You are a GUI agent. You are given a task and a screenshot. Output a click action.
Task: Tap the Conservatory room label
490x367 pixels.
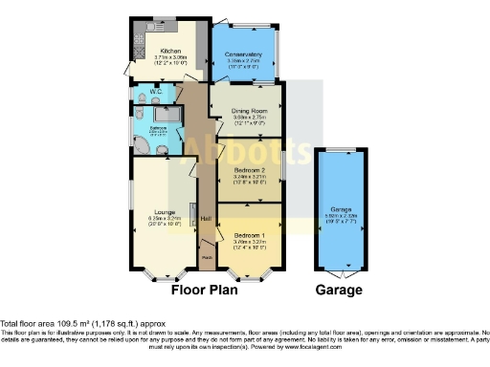(x=243, y=54)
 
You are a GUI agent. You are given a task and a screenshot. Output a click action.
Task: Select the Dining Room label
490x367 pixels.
(x=249, y=111)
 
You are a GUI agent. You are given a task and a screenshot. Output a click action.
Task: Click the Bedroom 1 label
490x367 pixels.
(x=249, y=233)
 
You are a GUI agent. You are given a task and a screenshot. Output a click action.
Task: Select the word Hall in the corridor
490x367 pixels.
(x=205, y=218)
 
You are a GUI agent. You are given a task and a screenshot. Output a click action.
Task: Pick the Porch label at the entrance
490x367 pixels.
(x=206, y=257)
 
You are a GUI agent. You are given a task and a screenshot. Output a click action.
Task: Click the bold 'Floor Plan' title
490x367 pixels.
(x=205, y=289)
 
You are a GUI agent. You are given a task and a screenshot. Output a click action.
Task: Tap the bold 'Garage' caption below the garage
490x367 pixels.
(x=340, y=289)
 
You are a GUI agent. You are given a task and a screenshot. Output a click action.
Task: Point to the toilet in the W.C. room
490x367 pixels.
(x=141, y=99)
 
